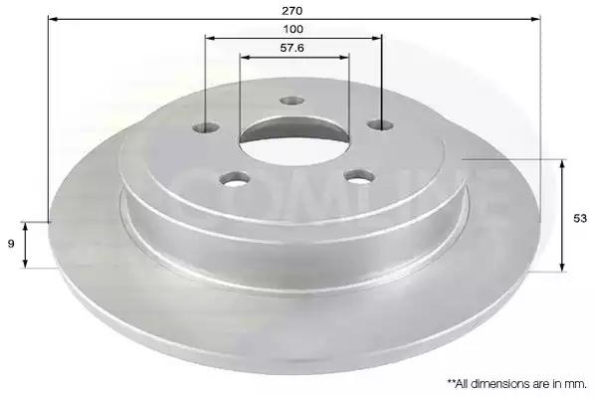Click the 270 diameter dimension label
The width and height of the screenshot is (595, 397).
(292, 11)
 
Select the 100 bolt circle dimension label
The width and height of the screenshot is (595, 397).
(293, 29)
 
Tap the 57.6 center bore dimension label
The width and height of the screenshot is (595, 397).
(292, 48)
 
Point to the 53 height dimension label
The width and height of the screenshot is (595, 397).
(580, 219)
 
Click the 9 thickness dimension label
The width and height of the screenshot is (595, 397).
(11, 244)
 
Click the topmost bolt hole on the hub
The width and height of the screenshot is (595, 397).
(292, 100)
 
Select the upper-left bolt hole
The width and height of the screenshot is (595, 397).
(205, 127)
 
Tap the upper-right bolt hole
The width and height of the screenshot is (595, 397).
(381, 124)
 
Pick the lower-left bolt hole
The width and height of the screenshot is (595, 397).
(235, 178)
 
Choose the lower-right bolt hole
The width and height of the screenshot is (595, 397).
(359, 177)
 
